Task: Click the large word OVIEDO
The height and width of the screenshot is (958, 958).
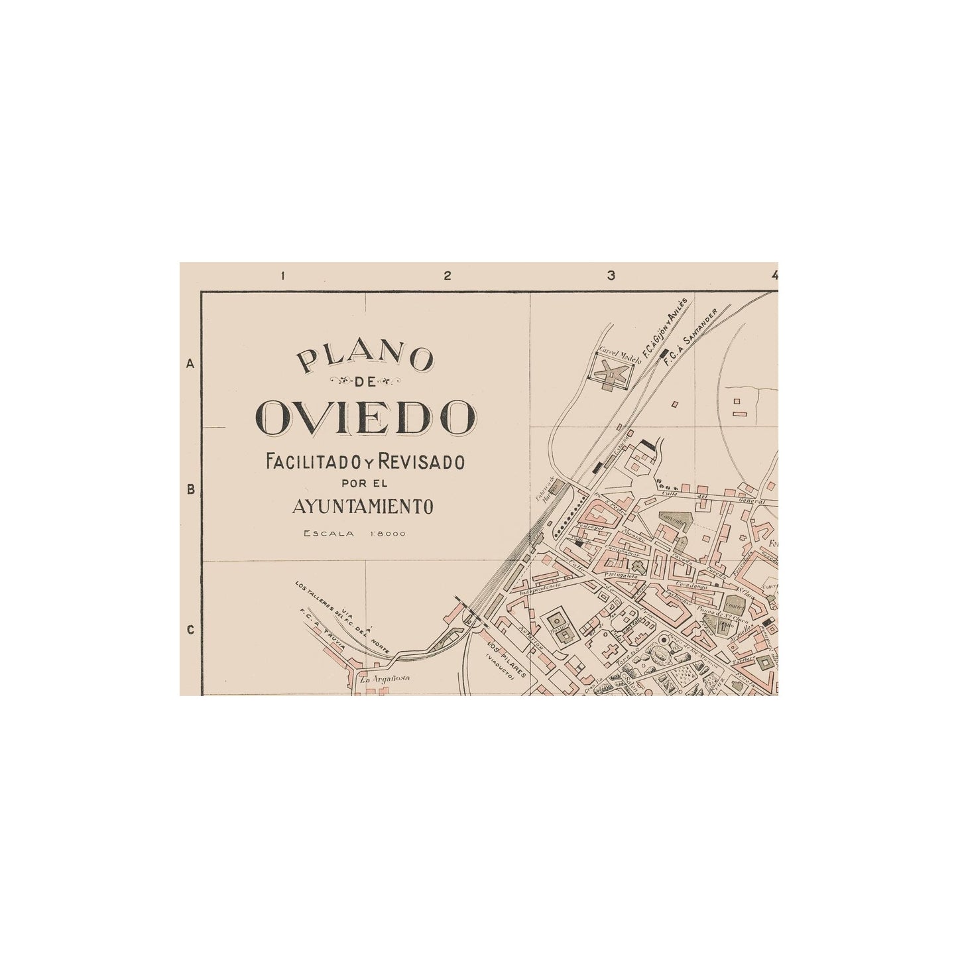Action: point(366,416)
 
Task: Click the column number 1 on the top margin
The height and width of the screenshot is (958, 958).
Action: point(283,276)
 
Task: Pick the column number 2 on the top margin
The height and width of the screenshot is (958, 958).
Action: point(448,276)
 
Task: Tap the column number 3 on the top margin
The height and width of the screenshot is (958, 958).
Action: point(611,276)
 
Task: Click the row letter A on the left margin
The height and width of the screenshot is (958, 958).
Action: point(190,364)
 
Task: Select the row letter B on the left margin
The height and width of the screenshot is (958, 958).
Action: point(190,491)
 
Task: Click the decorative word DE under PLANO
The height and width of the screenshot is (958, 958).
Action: point(366,381)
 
